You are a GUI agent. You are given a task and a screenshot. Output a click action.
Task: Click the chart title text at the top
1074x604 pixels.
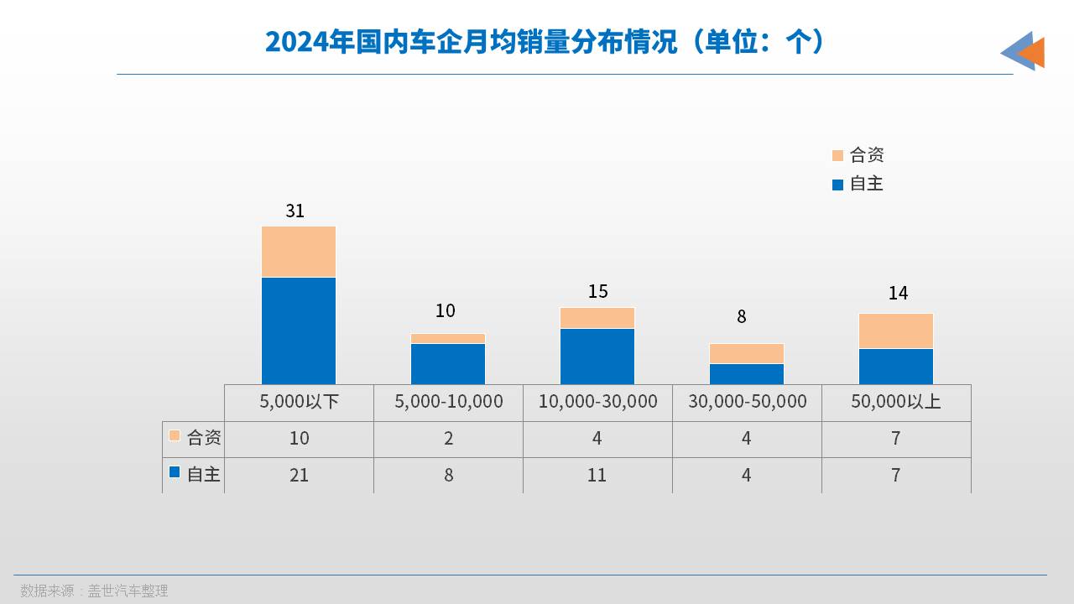tap(545, 41)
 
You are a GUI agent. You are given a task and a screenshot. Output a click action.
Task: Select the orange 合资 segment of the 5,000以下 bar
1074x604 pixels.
tap(299, 251)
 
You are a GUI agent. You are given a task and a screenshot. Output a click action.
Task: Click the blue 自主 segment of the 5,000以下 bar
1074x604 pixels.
tap(299, 331)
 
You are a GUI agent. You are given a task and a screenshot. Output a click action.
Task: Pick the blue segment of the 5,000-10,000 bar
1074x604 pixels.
tap(448, 363)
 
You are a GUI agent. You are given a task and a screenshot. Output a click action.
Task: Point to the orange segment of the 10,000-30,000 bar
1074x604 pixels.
tap(597, 317)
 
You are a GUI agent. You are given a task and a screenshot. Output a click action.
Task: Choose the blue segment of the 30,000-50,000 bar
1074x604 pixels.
tap(747, 373)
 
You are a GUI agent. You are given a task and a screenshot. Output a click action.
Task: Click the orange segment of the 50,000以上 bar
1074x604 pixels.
tap(896, 331)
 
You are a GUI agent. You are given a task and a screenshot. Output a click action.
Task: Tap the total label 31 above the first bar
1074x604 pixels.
tap(295, 211)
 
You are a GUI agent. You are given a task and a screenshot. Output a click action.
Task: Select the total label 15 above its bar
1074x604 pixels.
tap(597, 291)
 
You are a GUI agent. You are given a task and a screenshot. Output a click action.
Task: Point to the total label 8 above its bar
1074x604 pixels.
tap(742, 316)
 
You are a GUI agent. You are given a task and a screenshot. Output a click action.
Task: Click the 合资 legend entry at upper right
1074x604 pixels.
tap(858, 155)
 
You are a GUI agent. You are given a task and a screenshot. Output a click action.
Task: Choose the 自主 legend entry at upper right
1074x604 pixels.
tap(858, 184)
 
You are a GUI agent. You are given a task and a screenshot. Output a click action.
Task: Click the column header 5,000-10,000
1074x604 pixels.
tap(449, 402)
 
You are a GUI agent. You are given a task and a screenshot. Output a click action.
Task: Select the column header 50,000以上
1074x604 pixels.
tap(896, 402)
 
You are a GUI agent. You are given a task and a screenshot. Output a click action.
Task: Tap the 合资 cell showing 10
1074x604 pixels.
tap(299, 438)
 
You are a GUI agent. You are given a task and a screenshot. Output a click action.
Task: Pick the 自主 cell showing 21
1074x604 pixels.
tap(299, 475)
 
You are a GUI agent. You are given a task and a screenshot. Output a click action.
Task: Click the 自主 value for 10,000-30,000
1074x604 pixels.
tap(597, 475)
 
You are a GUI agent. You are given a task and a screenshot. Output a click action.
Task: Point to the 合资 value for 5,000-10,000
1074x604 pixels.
tap(449, 438)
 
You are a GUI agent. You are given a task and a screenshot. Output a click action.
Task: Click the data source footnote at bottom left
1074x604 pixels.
tap(94, 591)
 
